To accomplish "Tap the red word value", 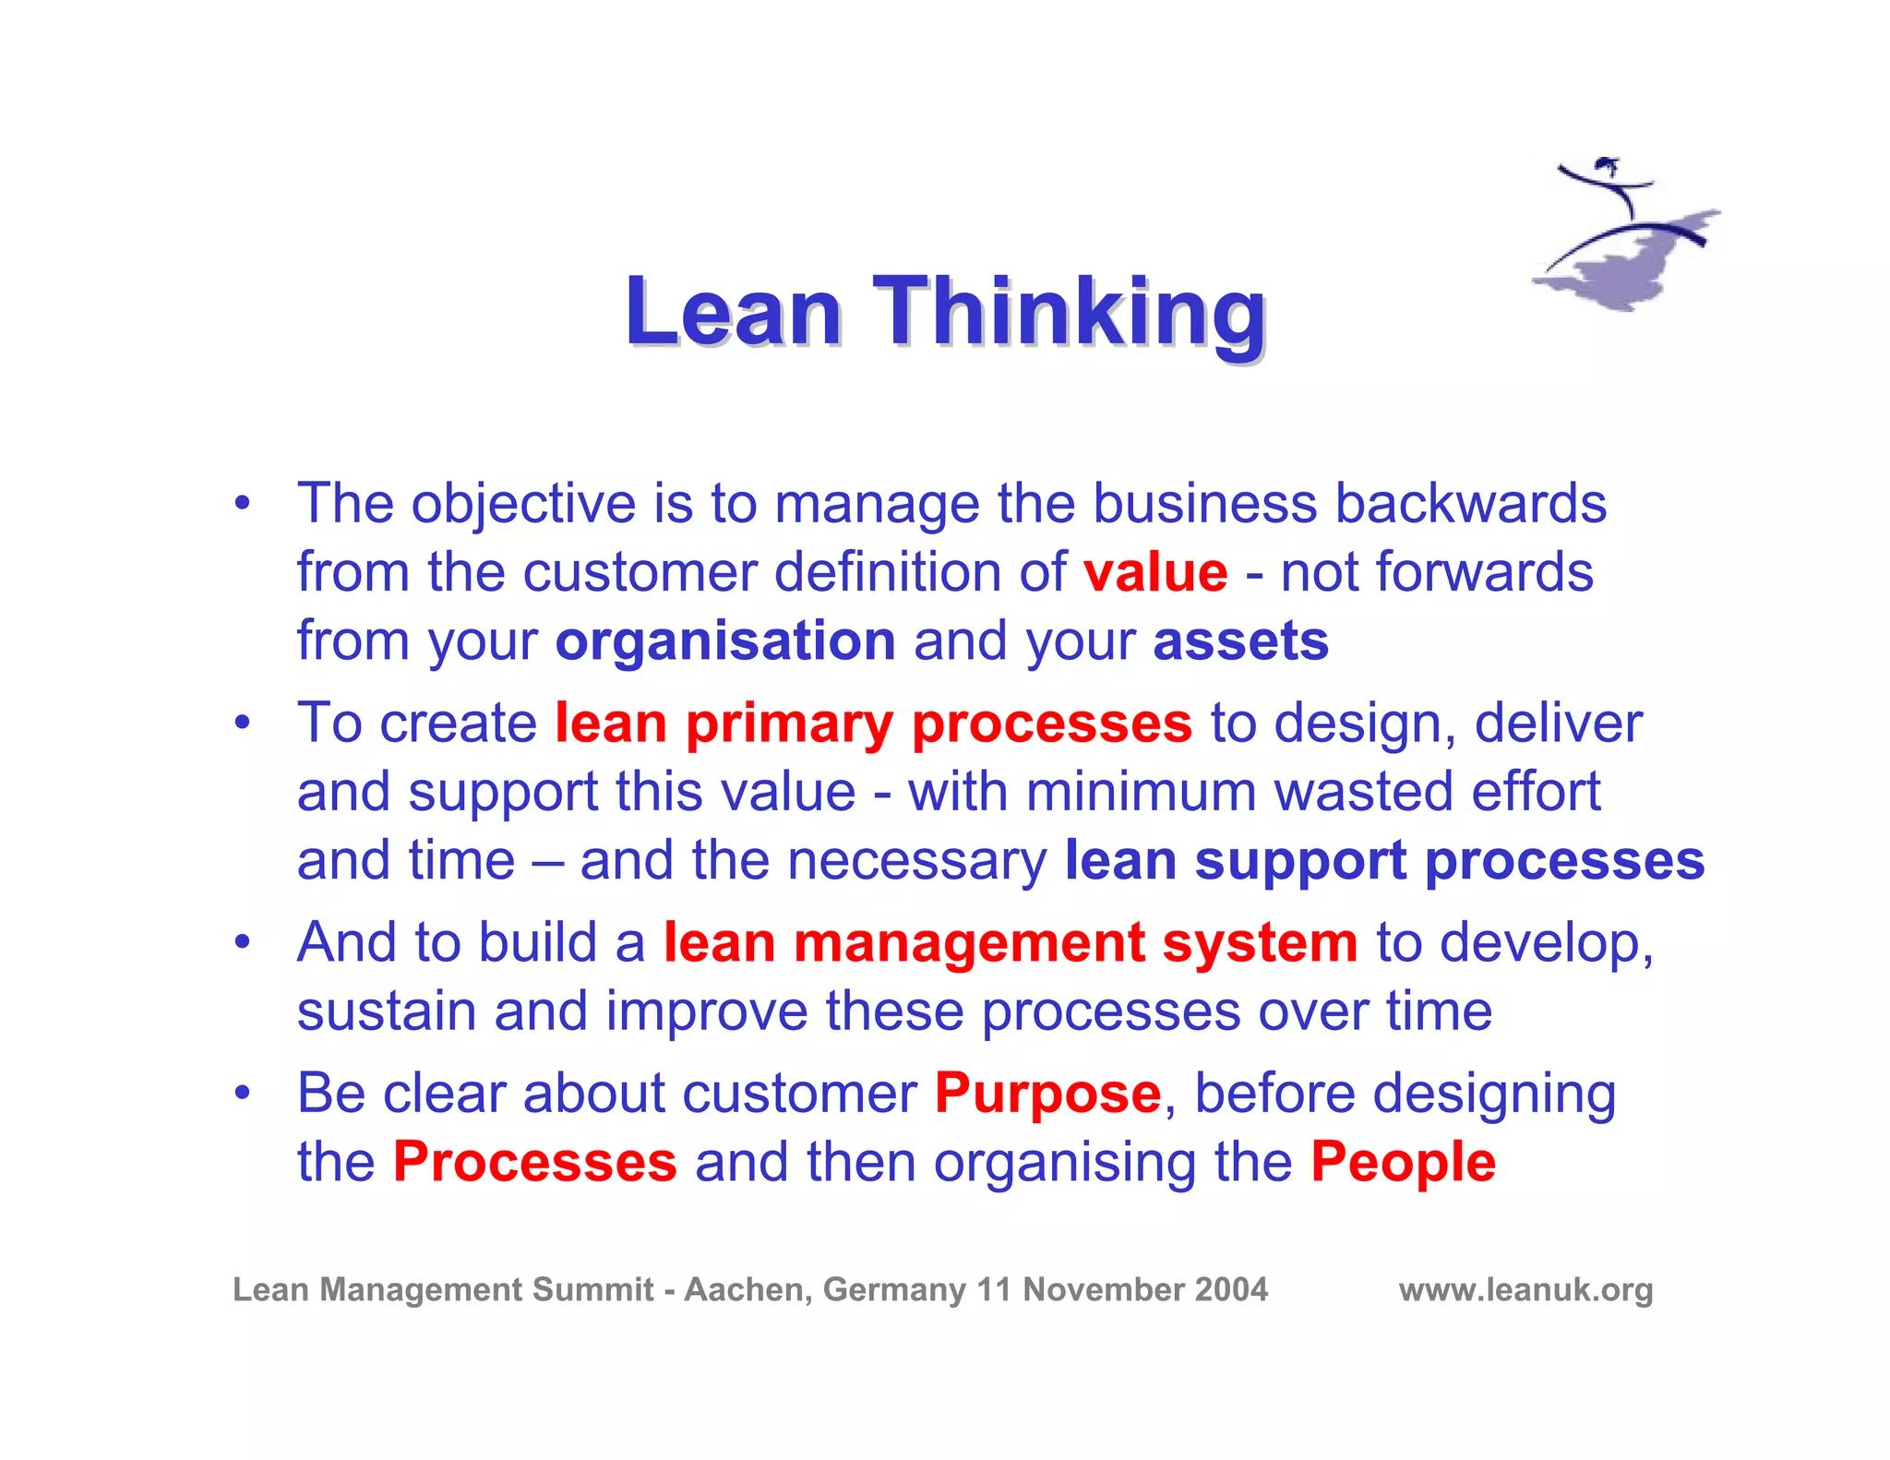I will pyautogui.click(x=1155, y=572).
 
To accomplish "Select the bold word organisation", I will pyautogui.click(x=725, y=641).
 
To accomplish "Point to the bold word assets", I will pyautogui.click(x=1240, y=641).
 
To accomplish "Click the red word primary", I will pyautogui.click(x=789, y=724).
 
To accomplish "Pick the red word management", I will pyautogui.click(x=969, y=943).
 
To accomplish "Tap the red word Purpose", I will pyautogui.click(x=1047, y=1094).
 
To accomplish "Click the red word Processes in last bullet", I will pyautogui.click(x=535, y=1162).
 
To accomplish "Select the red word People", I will pyautogui.click(x=1403, y=1162).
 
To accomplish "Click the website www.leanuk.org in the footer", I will pyautogui.click(x=1525, y=1289).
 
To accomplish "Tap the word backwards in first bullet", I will pyautogui.click(x=1471, y=504).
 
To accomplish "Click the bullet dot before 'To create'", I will pyautogui.click(x=242, y=722).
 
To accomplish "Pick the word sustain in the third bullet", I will pyautogui.click(x=387, y=1011).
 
